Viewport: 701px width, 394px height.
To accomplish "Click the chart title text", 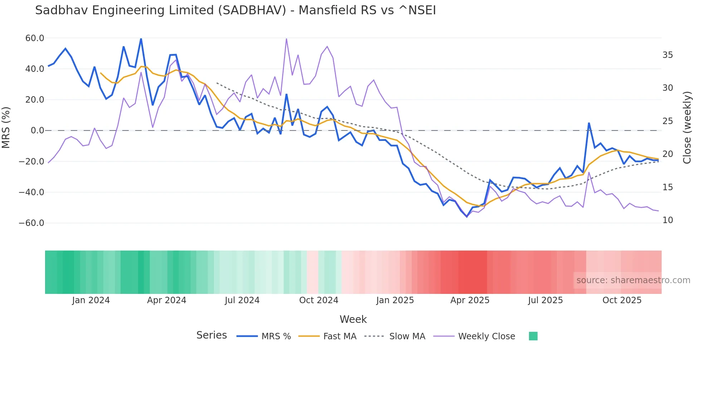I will click(x=235, y=10).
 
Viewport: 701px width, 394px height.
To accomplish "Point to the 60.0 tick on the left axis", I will click(x=35, y=38).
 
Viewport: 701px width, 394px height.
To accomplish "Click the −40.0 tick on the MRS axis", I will click(x=31, y=192).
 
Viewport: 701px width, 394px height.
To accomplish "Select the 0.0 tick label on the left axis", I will click(x=38, y=130).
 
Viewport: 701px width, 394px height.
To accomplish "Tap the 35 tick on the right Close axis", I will click(x=667, y=55).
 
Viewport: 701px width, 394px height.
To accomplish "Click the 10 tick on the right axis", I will click(x=667, y=220).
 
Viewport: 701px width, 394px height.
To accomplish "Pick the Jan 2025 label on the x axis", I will click(x=395, y=300).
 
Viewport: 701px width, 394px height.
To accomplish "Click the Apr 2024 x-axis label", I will click(x=167, y=300).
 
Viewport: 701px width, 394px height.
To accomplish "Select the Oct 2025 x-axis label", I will click(x=622, y=300).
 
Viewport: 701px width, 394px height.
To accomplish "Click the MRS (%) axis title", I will click(x=6, y=128).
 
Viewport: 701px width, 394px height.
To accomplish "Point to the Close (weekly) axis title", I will click(x=687, y=128).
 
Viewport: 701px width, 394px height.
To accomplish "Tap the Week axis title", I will click(x=353, y=319).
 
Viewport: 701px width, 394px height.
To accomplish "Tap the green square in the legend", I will click(x=533, y=336).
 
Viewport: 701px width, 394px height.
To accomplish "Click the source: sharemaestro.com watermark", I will click(x=633, y=280).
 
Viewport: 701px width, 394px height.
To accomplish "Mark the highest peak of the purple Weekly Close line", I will click(x=286, y=39).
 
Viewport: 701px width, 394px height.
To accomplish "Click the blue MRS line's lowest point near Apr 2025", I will click(x=467, y=217).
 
